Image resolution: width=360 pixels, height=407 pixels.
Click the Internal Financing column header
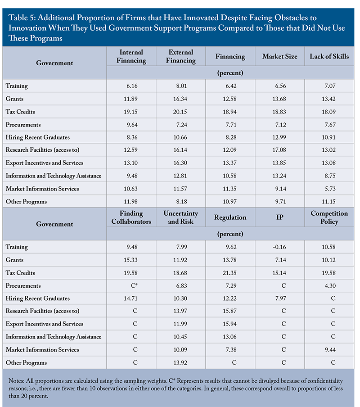point(131,56)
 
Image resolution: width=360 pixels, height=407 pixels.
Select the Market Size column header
point(279,56)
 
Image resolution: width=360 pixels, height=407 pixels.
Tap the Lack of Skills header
point(329,56)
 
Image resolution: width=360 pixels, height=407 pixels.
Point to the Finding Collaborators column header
point(131,217)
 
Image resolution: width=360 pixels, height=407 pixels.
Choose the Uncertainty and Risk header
point(181,217)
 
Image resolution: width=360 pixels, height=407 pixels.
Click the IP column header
point(279,217)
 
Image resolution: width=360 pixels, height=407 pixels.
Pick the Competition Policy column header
point(329,217)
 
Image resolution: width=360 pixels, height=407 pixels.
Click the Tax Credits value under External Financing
point(180,112)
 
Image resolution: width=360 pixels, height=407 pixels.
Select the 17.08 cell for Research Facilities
point(279,150)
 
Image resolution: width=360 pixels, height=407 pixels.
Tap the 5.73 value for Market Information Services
point(330,189)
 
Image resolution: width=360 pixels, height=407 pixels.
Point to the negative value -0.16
point(279,247)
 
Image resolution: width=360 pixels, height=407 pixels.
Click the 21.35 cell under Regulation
point(229,273)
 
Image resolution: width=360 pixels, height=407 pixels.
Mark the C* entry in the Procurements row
point(134,285)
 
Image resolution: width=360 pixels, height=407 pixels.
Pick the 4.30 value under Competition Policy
point(330,285)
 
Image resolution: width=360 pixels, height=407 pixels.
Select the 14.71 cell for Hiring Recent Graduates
point(130,298)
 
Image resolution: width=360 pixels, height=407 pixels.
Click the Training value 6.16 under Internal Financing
point(132,86)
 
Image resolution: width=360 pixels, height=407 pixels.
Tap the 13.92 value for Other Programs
point(180,362)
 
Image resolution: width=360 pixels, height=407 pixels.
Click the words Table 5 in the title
point(22,18)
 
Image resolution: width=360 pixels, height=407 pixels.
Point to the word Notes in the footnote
point(16,381)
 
